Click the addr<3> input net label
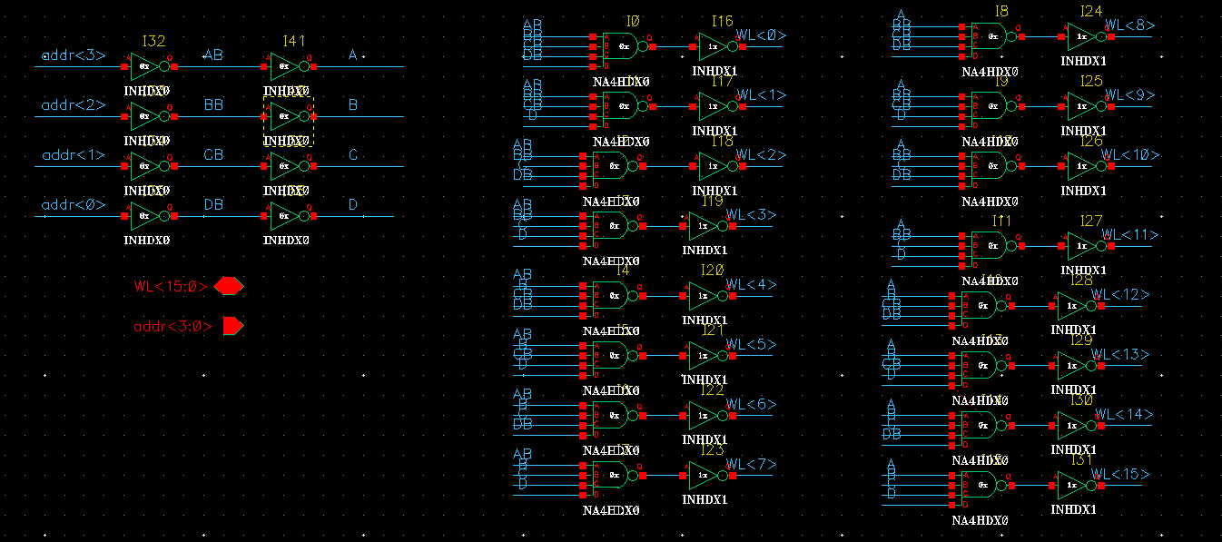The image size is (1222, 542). pyautogui.click(x=74, y=56)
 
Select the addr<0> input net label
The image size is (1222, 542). pyautogui.click(x=74, y=205)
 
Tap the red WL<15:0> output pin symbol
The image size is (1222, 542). pyautogui.click(x=228, y=286)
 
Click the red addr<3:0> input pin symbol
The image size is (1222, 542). pyautogui.click(x=232, y=325)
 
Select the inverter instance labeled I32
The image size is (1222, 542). pyautogui.click(x=145, y=66)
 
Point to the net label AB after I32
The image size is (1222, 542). pyautogui.click(x=213, y=55)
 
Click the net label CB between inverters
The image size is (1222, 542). pyautogui.click(x=213, y=155)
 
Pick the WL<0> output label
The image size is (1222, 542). pyautogui.click(x=761, y=35)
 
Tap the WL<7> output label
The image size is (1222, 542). pyautogui.click(x=751, y=465)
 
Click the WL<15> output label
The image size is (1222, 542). pyautogui.click(x=1119, y=475)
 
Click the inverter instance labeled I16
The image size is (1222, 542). pyautogui.click(x=714, y=46)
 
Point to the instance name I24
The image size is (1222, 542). pyautogui.click(x=1091, y=12)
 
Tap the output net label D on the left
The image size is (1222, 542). pyautogui.click(x=353, y=205)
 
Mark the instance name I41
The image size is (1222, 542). pyautogui.click(x=293, y=41)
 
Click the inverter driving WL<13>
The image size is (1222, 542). pyautogui.click(x=1073, y=365)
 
